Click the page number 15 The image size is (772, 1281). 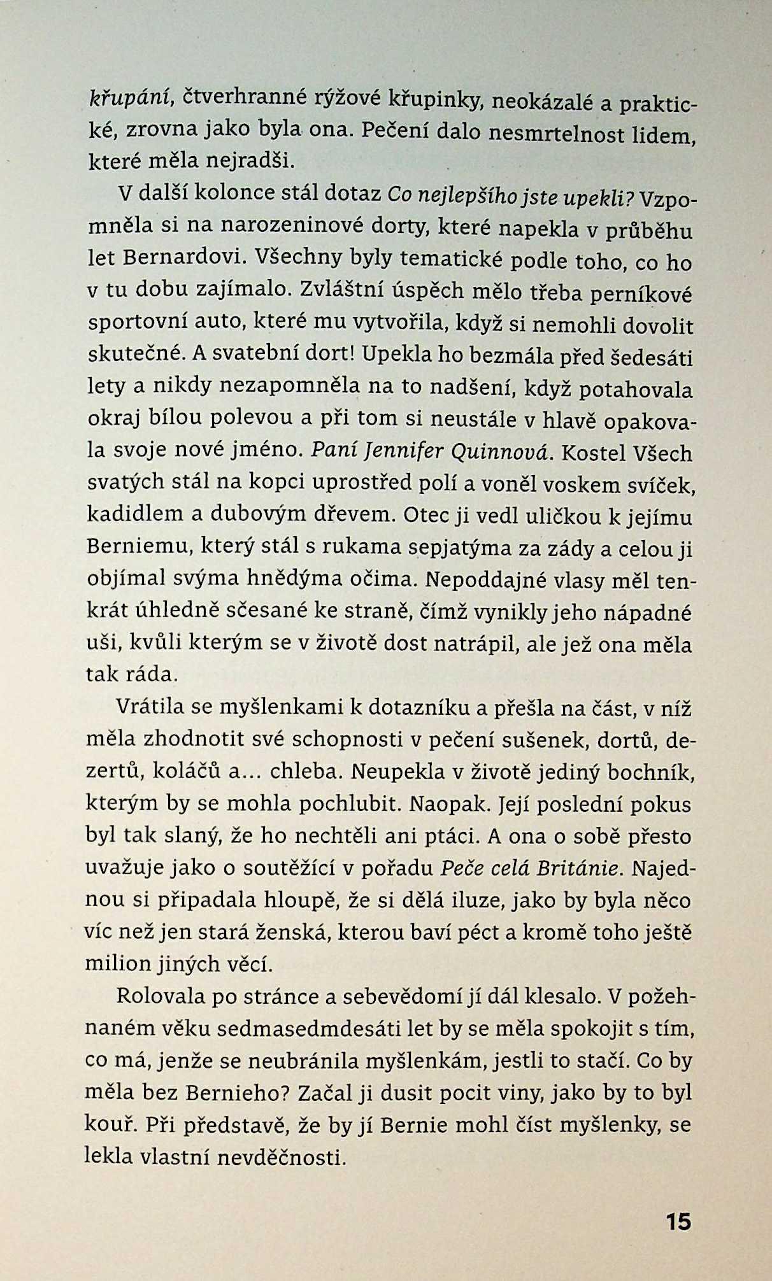678,1221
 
